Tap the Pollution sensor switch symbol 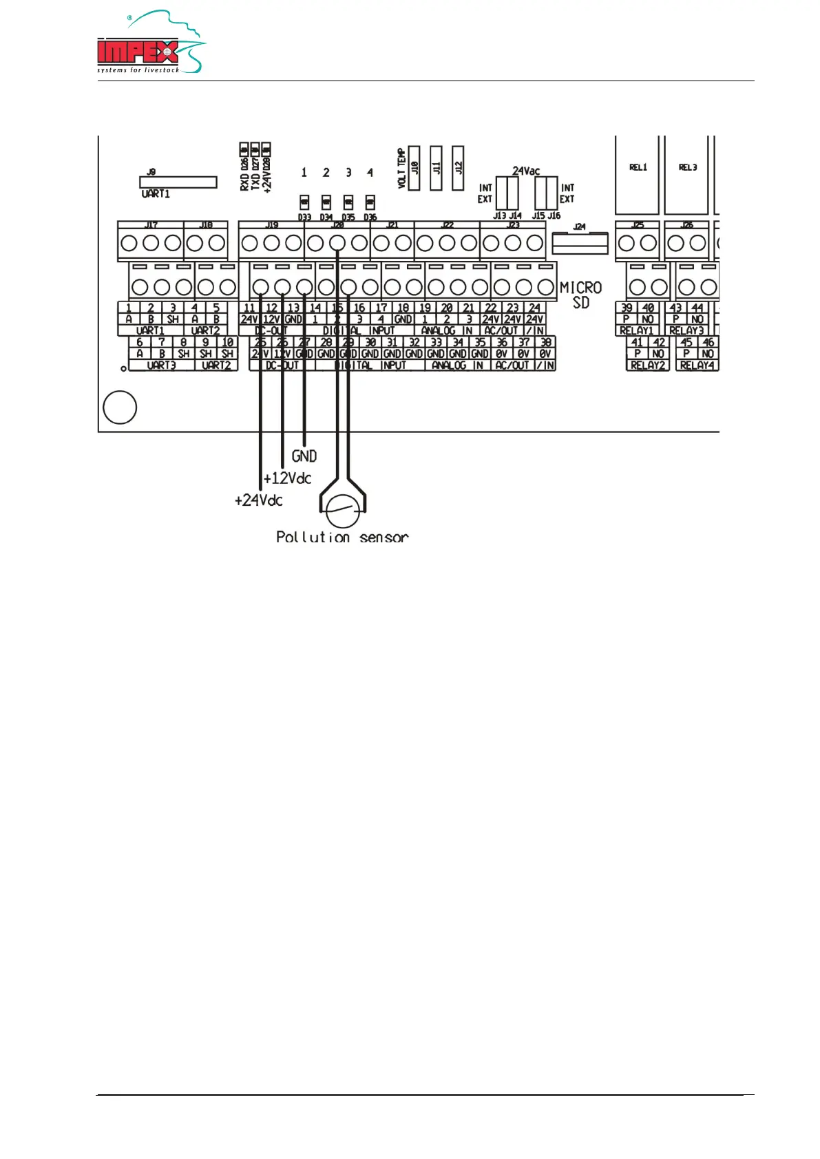pyautogui.click(x=342, y=512)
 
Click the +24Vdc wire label pyautogui.click(x=259, y=500)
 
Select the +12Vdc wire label pyautogui.click(x=288, y=478)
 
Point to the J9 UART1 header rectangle pyautogui.click(x=178, y=182)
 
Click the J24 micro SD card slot pyautogui.click(x=580, y=243)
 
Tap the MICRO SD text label pyautogui.click(x=580, y=295)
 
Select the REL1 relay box pyautogui.click(x=638, y=175)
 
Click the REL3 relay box pyautogui.click(x=687, y=175)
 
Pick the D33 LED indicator pyautogui.click(x=304, y=202)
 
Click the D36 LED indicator pyautogui.click(x=370, y=202)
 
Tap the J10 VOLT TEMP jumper pyautogui.click(x=414, y=167)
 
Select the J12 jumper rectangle pyautogui.click(x=458, y=167)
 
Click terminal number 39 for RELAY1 pyautogui.click(x=627, y=308)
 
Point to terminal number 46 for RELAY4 pyautogui.click(x=708, y=342)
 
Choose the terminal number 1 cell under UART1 pyautogui.click(x=129, y=308)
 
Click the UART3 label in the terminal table pyautogui.click(x=161, y=365)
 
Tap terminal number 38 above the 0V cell pyautogui.click(x=545, y=342)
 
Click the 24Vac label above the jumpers pyautogui.click(x=526, y=171)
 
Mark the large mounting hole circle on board pyautogui.click(x=120, y=407)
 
